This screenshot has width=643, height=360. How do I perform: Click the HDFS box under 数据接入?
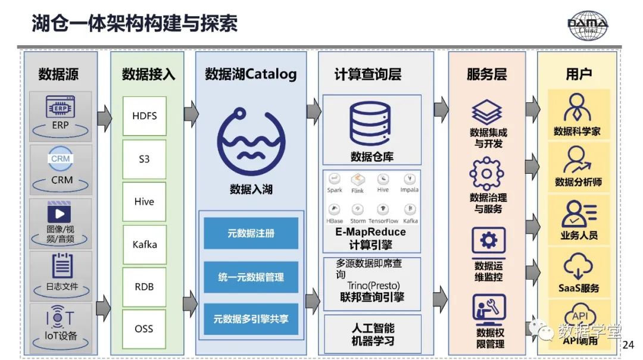(x=144, y=115)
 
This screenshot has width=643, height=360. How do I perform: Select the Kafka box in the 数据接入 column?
(x=144, y=244)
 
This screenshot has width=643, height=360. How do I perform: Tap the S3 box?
(x=144, y=159)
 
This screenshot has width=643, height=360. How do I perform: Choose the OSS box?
(x=144, y=328)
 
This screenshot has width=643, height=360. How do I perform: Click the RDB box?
(x=144, y=286)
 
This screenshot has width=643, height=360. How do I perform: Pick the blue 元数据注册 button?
(x=251, y=234)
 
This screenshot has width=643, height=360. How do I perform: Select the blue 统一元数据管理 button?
(x=251, y=277)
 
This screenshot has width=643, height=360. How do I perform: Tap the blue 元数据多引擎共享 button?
(x=251, y=319)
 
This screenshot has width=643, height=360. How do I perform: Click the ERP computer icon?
(x=60, y=108)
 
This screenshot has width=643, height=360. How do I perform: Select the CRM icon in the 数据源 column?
(x=60, y=159)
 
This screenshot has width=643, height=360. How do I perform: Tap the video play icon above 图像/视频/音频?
(x=60, y=212)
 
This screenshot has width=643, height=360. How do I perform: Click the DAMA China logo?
(x=588, y=25)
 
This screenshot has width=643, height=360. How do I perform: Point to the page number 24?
(x=628, y=345)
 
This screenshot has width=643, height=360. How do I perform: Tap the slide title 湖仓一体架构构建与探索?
(x=135, y=24)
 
